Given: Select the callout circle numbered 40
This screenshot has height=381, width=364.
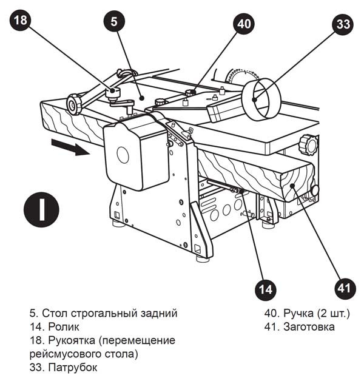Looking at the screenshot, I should point(244,24).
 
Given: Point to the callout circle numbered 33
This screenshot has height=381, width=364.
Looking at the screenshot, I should point(343,25).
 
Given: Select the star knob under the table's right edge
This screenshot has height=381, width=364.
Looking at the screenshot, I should point(311,144).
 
